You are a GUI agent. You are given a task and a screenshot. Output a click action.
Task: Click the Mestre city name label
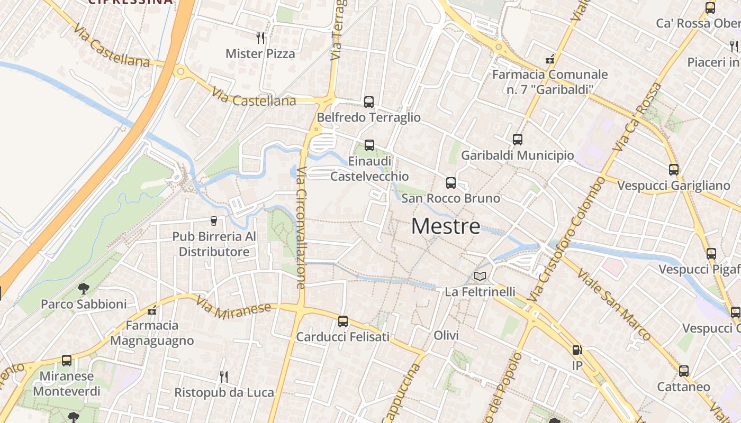(446, 226)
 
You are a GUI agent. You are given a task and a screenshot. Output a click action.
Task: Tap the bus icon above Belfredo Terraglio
(369, 102)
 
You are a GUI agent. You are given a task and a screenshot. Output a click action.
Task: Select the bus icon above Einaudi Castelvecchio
(369, 145)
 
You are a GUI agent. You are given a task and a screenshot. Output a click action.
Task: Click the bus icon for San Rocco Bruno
(451, 183)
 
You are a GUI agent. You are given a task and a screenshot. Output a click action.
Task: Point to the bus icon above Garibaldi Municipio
(518, 140)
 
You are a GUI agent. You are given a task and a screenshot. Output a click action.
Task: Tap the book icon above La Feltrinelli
(480, 276)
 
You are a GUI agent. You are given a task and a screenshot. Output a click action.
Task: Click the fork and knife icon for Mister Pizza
(260, 38)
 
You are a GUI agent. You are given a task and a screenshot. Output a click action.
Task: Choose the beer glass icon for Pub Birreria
(214, 221)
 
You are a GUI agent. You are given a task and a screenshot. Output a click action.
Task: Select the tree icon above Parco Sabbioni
(84, 289)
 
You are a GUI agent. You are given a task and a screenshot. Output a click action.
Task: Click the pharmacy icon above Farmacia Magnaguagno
(152, 310)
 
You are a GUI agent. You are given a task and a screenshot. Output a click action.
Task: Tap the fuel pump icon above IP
(577, 350)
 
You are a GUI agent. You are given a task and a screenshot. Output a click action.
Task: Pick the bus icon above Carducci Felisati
(343, 321)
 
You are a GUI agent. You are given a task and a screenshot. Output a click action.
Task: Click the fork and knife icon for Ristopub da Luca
(224, 377)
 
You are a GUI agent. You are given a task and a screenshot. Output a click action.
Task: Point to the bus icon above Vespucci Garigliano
(674, 170)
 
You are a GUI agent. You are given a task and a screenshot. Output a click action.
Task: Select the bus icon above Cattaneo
(684, 371)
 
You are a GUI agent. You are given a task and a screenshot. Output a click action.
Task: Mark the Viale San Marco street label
(614, 305)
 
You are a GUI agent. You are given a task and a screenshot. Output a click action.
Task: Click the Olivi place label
(446, 335)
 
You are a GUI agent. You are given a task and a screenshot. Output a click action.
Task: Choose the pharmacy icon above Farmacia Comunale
(550, 59)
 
